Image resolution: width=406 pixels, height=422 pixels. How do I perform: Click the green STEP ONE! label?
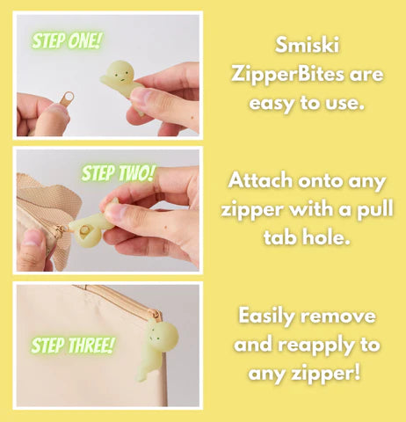66,40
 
